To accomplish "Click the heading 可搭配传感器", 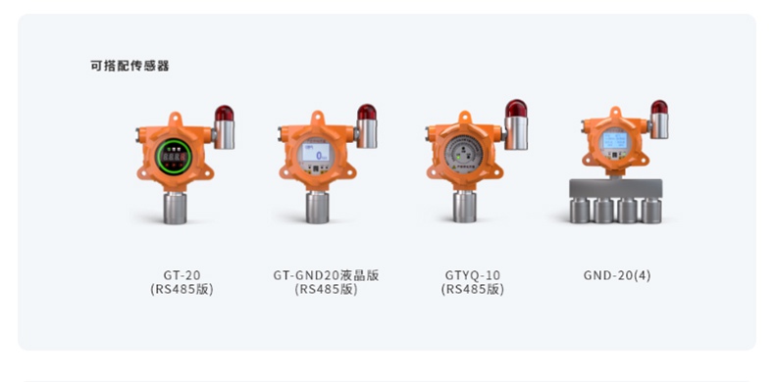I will (129, 66).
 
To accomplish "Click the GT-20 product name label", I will (181, 275).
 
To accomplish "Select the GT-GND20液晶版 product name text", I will (326, 275).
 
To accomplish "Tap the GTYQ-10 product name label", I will (472, 275).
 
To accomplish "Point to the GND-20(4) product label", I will (616, 275).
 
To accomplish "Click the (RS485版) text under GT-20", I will (181, 290).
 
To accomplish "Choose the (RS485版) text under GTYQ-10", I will (472, 290).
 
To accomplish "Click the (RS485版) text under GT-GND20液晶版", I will (326, 290).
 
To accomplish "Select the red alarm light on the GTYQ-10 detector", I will (515, 111).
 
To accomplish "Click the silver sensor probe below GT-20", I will (177, 205).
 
